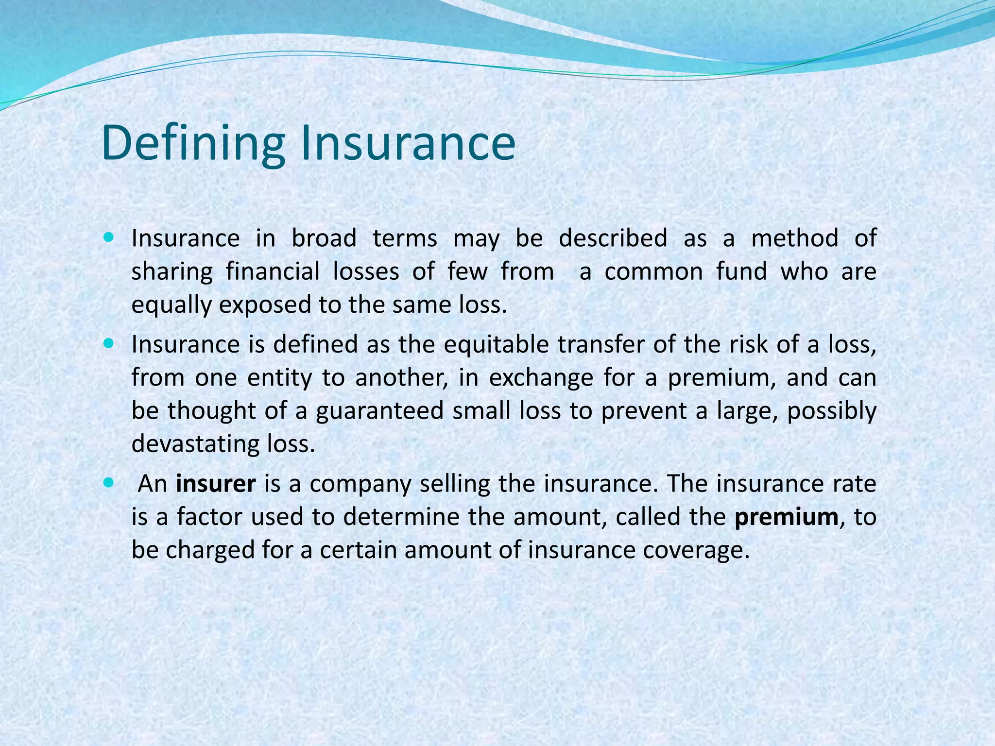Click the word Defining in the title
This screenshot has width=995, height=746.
pyautogui.click(x=193, y=143)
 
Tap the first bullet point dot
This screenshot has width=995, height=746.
pyautogui.click(x=108, y=238)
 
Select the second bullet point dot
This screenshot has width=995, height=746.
pyautogui.click(x=108, y=344)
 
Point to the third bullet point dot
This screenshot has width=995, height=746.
pyautogui.click(x=108, y=483)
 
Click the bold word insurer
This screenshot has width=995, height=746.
pyautogui.click(x=216, y=484)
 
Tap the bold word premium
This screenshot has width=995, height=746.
pyautogui.click(x=786, y=517)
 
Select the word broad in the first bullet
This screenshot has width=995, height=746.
pyautogui.click(x=324, y=238)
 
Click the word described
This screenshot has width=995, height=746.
pyautogui.click(x=613, y=238)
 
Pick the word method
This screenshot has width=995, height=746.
pyautogui.click(x=795, y=238)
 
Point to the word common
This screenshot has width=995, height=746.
pyautogui.click(x=653, y=271)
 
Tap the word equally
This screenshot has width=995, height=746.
pyautogui.click(x=172, y=305)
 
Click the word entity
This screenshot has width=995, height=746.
pyautogui.click(x=279, y=378)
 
